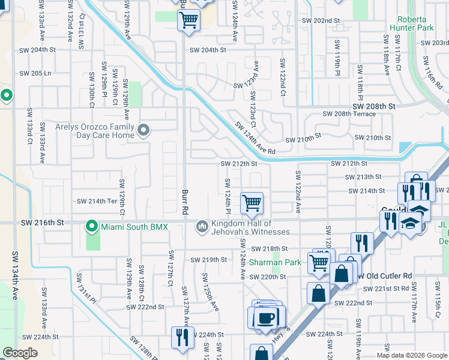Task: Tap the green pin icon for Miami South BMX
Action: coord(92,226)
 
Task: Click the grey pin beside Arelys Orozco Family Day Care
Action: coord(143,130)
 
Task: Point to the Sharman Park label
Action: coord(267,262)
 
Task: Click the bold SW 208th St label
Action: coord(375,106)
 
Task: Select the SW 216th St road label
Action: coord(42,223)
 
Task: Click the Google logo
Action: coord(20,353)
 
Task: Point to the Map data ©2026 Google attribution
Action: coord(412,355)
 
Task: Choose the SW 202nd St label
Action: coord(322,20)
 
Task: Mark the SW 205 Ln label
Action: coord(35,73)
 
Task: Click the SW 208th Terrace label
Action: coord(348,113)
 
